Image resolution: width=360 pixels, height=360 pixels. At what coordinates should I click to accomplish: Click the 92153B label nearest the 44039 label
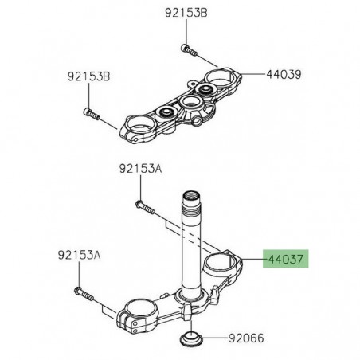(x=185, y=14)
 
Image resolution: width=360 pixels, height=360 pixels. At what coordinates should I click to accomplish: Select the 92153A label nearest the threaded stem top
(x=140, y=169)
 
